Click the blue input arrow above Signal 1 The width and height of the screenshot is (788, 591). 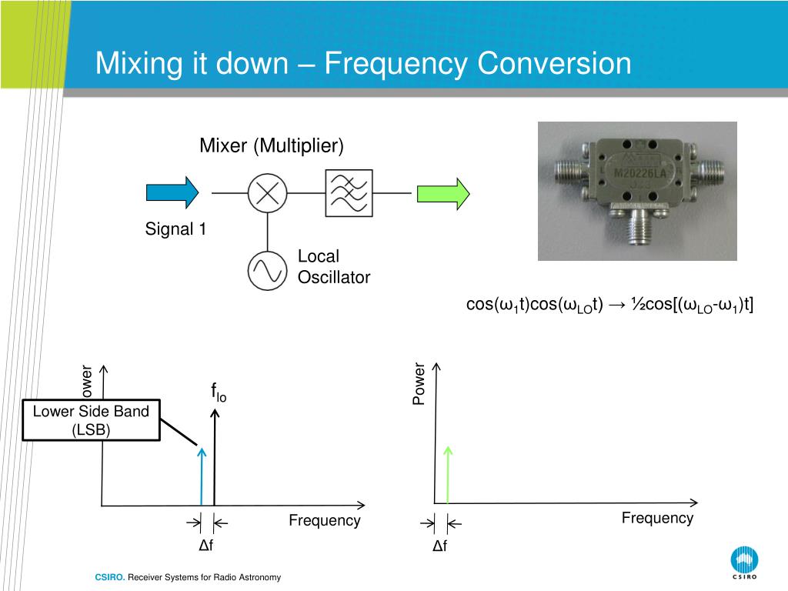pyautogui.click(x=172, y=192)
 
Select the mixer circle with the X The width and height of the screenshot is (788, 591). pyautogui.click(x=267, y=192)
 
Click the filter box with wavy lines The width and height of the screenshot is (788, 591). pyautogui.click(x=349, y=192)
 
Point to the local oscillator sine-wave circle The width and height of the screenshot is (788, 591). pyautogui.click(x=267, y=271)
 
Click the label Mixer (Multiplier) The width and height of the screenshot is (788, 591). pyautogui.click(x=272, y=145)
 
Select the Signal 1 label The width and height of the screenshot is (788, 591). pyautogui.click(x=176, y=229)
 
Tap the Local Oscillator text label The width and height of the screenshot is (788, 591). pyautogui.click(x=333, y=267)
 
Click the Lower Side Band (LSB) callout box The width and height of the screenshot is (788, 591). pyautogui.click(x=91, y=420)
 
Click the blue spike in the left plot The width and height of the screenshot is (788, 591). pyautogui.click(x=202, y=477)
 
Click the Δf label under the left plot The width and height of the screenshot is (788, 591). pyautogui.click(x=205, y=546)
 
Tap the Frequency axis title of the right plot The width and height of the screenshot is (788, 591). pyautogui.click(x=657, y=518)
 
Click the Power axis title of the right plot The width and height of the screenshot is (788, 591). pyautogui.click(x=419, y=384)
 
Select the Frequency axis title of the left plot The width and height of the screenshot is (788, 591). pyautogui.click(x=324, y=520)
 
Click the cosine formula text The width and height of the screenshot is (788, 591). pyautogui.click(x=609, y=305)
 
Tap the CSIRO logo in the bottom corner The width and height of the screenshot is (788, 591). pyautogui.click(x=744, y=563)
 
